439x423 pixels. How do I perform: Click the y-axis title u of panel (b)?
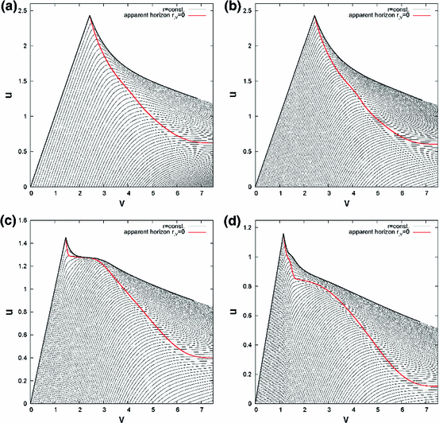[x=230, y=99]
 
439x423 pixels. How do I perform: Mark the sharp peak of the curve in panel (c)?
[x=66, y=238]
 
